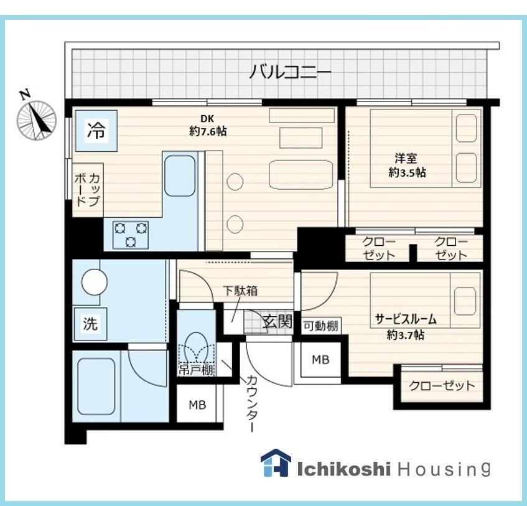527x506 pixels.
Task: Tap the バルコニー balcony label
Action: point(290,72)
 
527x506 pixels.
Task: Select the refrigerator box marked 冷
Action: point(96,131)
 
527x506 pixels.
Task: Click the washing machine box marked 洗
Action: point(90,324)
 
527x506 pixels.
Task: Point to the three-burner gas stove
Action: point(131,235)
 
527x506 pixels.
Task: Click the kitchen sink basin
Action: point(179,176)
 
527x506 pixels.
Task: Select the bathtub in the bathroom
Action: point(96,387)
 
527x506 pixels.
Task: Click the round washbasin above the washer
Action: point(95,282)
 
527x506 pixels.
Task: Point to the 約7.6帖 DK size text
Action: point(208,131)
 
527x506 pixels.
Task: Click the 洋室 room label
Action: point(406,158)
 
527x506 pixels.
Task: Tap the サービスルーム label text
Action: point(406,319)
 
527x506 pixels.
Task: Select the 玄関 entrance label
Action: point(277,322)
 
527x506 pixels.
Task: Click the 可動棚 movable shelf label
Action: point(320,326)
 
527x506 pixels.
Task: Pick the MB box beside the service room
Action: point(320,360)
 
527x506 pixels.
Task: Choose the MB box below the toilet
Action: point(197,405)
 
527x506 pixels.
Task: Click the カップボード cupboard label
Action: point(87,190)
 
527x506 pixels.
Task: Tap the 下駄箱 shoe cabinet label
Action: point(241,291)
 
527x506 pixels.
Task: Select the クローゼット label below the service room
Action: point(442,386)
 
